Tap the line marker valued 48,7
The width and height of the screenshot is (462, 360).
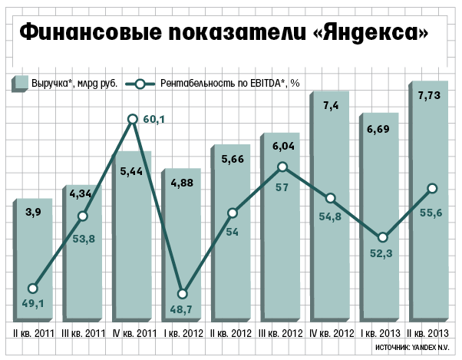coord(183,294)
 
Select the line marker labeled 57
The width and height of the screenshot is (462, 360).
coord(282,167)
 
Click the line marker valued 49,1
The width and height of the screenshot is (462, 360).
coord(32,289)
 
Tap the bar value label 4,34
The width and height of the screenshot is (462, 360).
coord(82,195)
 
